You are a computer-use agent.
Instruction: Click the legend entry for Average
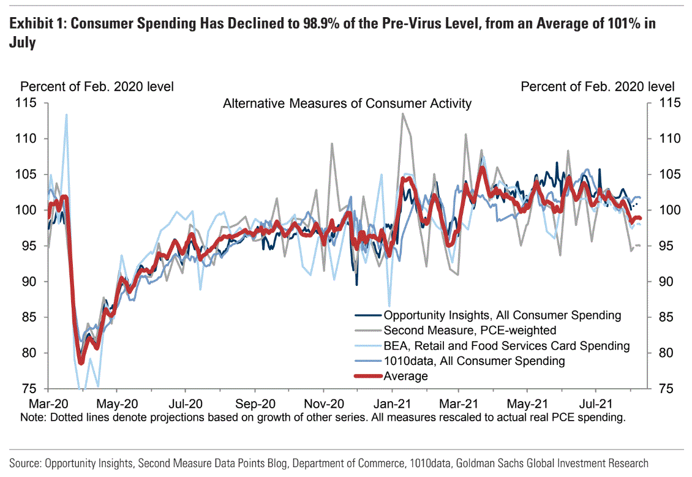[406, 376]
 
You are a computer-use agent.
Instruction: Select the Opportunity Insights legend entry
[502, 316]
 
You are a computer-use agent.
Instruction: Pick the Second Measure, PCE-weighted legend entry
[470, 331]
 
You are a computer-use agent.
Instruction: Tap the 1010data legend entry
[474, 361]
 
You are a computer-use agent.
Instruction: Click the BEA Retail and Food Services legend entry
[506, 346]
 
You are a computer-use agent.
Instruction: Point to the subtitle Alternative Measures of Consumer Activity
[347, 103]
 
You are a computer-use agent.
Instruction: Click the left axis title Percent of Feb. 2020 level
[97, 87]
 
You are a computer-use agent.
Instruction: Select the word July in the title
[22, 42]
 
